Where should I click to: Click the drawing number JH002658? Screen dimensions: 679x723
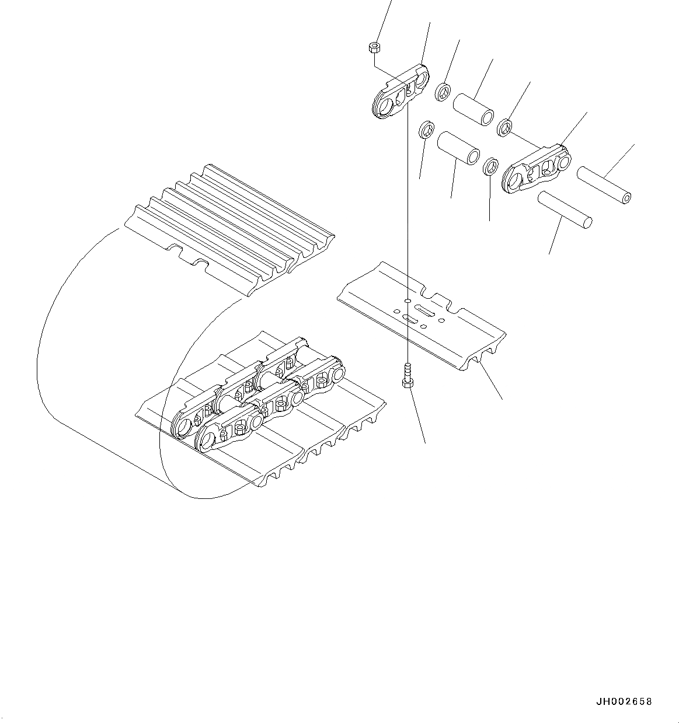click(624, 701)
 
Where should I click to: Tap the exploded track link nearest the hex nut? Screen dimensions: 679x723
click(401, 93)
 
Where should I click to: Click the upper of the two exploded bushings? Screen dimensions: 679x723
click(474, 109)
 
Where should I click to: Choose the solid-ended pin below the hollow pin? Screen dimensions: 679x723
click(565, 209)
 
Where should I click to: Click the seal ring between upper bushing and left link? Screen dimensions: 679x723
click(443, 91)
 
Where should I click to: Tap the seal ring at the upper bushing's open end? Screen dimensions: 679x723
click(505, 126)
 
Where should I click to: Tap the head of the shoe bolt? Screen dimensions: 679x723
click(407, 382)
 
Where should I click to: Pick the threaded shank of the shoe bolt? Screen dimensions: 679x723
click(407, 369)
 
